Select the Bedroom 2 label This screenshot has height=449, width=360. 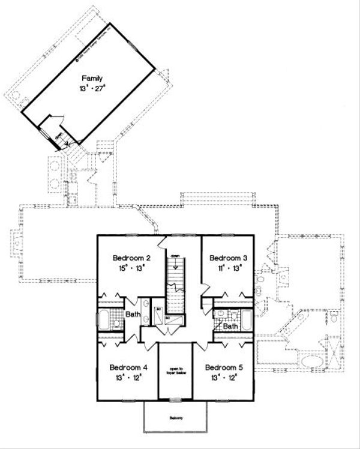pyautogui.click(x=131, y=258)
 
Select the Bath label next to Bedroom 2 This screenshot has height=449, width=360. pyautogui.click(x=133, y=314)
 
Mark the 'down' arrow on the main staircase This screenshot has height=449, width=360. pyautogui.click(x=175, y=257)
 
